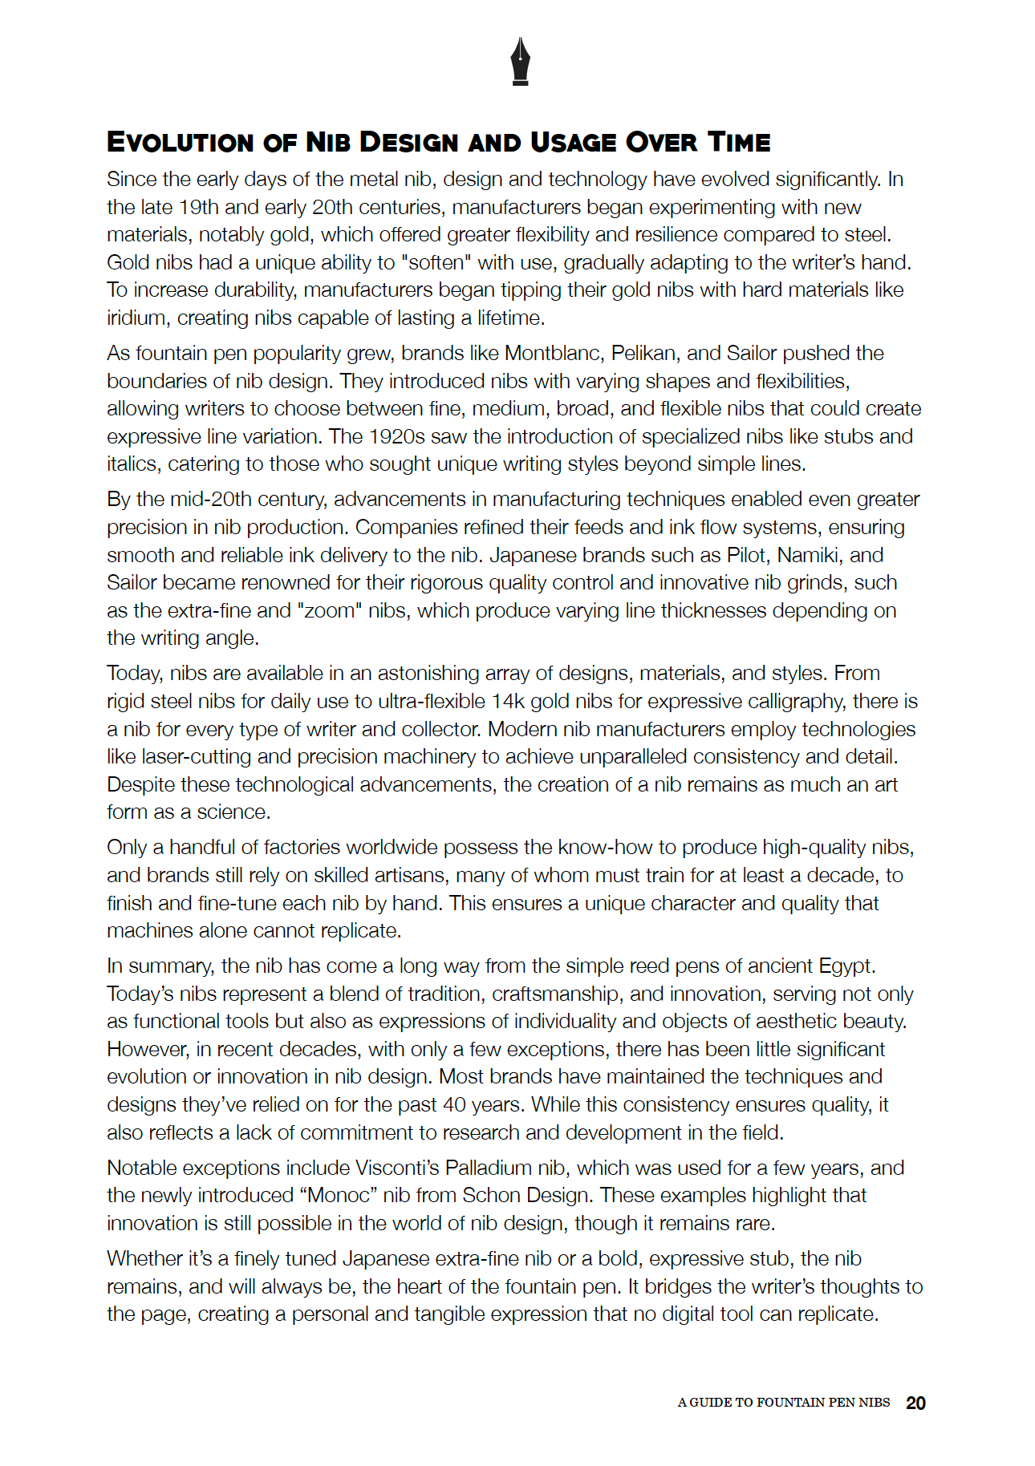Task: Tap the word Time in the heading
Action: click(738, 143)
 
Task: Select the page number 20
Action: click(915, 1403)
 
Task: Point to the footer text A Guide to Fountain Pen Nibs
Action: click(783, 1403)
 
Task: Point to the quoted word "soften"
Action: click(437, 263)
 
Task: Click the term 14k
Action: click(508, 702)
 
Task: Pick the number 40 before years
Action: click(454, 1105)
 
